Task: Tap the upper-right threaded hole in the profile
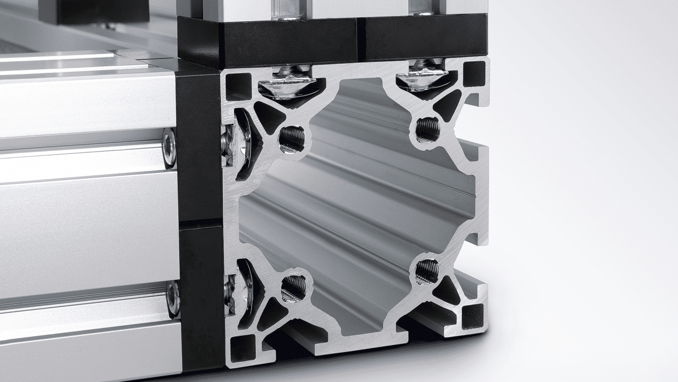[x=427, y=130]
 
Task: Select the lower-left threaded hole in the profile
[x=293, y=288]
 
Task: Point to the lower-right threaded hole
[x=427, y=271]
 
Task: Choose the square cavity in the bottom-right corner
[x=473, y=316]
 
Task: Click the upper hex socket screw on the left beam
[x=169, y=147]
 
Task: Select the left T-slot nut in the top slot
[x=288, y=82]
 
